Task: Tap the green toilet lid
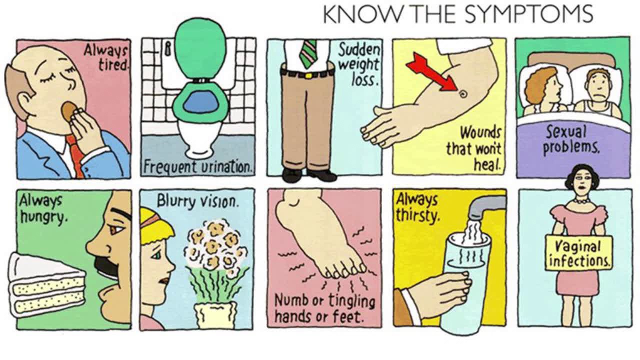[x=199, y=48]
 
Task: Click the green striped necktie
[x=308, y=53]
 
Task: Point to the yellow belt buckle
[x=308, y=76]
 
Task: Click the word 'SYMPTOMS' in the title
[x=529, y=14]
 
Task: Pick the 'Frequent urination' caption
[x=197, y=167]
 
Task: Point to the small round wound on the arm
[x=463, y=93]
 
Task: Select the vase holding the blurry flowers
[x=215, y=315]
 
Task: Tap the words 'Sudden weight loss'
[x=359, y=65]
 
